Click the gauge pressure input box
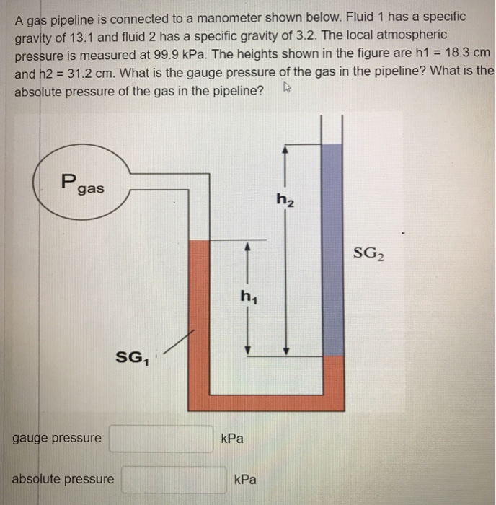[161, 438]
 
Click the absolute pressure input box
[173, 480]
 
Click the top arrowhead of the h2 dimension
[285, 148]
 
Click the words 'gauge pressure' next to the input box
[57, 438]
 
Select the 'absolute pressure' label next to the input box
[63, 479]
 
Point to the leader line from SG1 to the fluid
[179, 341]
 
